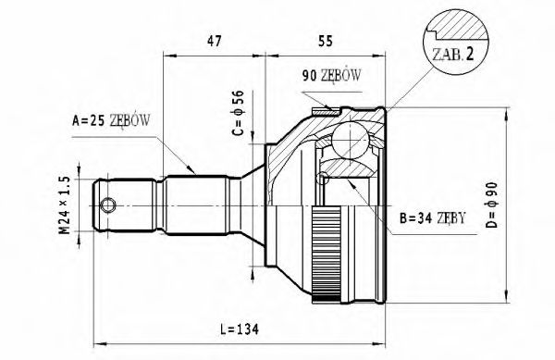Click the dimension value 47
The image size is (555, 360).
click(215, 41)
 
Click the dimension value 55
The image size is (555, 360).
click(327, 41)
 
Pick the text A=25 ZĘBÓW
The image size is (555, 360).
click(111, 118)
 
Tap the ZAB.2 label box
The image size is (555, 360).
click(453, 55)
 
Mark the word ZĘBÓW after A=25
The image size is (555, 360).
click(131, 118)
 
